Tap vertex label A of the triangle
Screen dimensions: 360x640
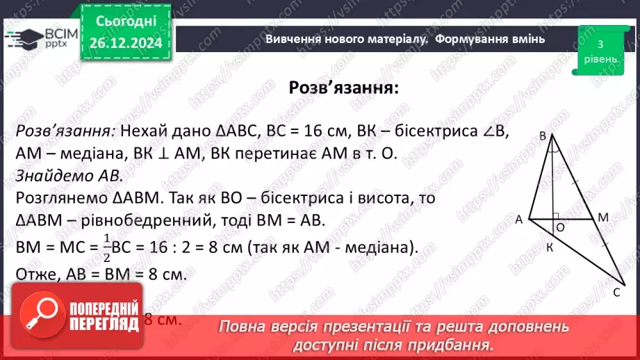pyautogui.click(x=519, y=220)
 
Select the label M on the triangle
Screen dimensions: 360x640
pyautogui.click(x=603, y=218)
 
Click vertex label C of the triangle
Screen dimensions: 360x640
pyautogui.click(x=616, y=293)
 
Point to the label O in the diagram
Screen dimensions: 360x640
pyautogui.click(x=560, y=227)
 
